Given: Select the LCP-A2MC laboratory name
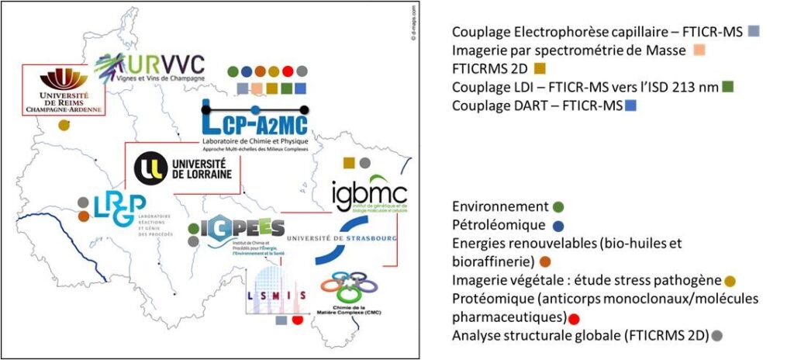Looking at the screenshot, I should coord(254,123).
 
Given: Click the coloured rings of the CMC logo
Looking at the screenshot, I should coord(357,287).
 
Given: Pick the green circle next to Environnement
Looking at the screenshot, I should coord(558,206).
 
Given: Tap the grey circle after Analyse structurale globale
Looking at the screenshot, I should coord(716,335).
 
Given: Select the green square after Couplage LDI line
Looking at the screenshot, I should coord(727,86).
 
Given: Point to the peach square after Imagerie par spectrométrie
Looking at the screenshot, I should coord(699,51).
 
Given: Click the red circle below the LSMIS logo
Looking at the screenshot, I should coord(296,320).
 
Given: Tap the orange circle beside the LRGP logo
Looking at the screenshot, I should coord(83,216).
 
